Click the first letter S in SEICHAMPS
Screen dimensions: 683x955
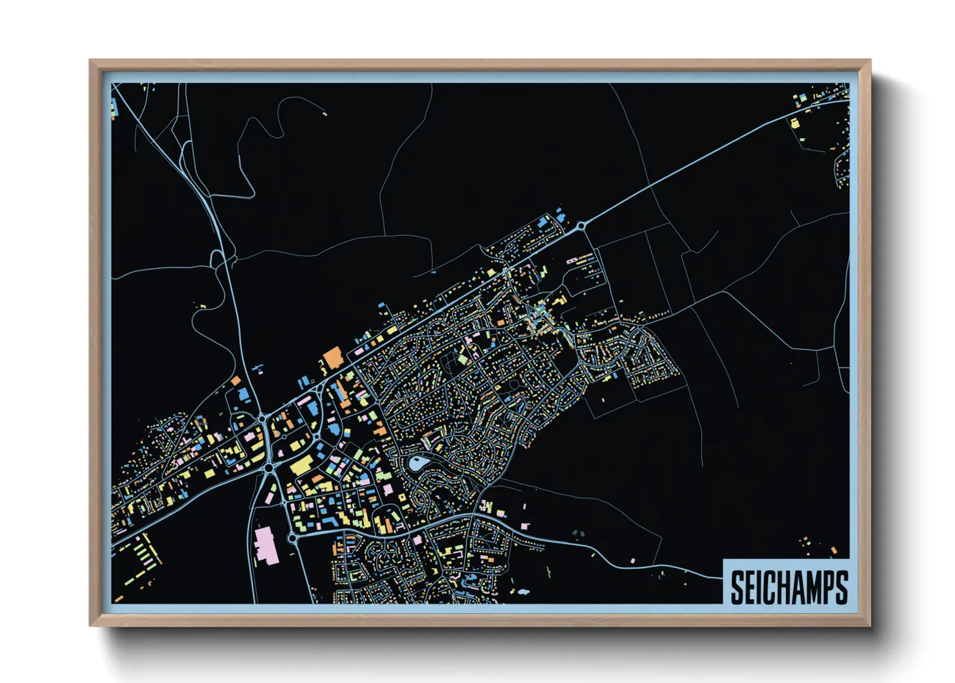[x=738, y=587]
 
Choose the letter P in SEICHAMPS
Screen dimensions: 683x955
[x=830, y=587]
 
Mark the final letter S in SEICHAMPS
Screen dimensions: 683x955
[x=842, y=587]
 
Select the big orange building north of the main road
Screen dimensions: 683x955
[x=333, y=357]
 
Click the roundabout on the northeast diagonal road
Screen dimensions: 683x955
[x=581, y=225]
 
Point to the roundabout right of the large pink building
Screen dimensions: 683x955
[x=292, y=537]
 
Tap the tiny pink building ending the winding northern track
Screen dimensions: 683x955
[x=325, y=114]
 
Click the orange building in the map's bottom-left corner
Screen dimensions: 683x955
[x=118, y=599]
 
